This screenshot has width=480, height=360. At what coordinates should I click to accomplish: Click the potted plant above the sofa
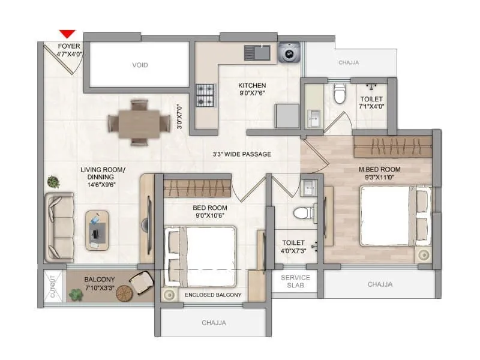pyautogui.click(x=54, y=181)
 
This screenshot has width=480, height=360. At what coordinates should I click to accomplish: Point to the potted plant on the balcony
pyautogui.click(x=76, y=295)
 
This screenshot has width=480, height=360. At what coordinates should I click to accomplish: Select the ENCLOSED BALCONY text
pyautogui.click(x=213, y=295)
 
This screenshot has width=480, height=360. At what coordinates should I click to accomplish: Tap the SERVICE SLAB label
pyautogui.click(x=296, y=281)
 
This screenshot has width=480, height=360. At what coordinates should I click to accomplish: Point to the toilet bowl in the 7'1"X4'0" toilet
pyautogui.click(x=340, y=94)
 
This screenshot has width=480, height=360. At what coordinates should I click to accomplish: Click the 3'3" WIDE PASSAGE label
pyautogui.click(x=242, y=154)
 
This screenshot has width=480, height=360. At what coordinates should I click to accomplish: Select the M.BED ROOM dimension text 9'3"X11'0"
pyautogui.click(x=379, y=178)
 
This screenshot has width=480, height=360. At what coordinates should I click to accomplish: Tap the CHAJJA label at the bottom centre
pyautogui.click(x=214, y=323)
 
